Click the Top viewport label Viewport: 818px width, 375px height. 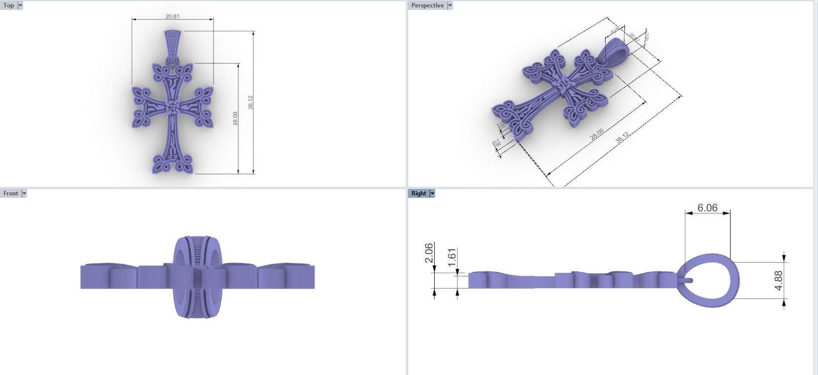point(9,5)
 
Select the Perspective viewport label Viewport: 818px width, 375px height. point(427,5)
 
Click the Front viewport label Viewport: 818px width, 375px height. point(10,193)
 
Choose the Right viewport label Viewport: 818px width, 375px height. point(418,193)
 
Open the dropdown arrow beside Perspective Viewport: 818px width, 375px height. point(450,5)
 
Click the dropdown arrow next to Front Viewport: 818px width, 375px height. point(24,193)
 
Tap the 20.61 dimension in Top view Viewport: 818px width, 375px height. point(172,16)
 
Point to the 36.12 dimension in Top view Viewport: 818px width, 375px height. point(250,102)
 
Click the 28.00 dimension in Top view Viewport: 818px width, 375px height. point(236,118)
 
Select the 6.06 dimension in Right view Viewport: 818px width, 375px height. point(707,208)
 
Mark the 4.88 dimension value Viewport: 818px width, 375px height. point(778,280)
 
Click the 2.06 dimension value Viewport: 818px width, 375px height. point(429,253)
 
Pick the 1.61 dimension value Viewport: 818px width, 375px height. point(452,258)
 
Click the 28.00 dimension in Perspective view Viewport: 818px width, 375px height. point(597,134)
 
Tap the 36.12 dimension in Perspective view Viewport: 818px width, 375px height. point(622,138)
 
